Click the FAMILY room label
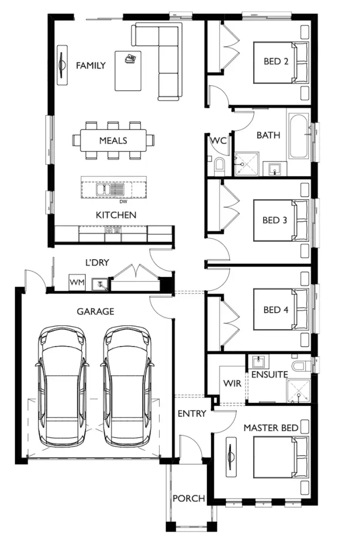[x=91, y=65]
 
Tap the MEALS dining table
[x=113, y=141]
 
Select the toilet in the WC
[x=218, y=165]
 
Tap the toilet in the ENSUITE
[x=299, y=366]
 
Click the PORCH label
[x=189, y=498]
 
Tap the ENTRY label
[x=192, y=414]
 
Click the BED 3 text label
[x=274, y=220]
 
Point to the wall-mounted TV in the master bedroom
[x=231, y=457]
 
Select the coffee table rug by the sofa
[x=128, y=71]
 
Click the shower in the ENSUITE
[x=298, y=392]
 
